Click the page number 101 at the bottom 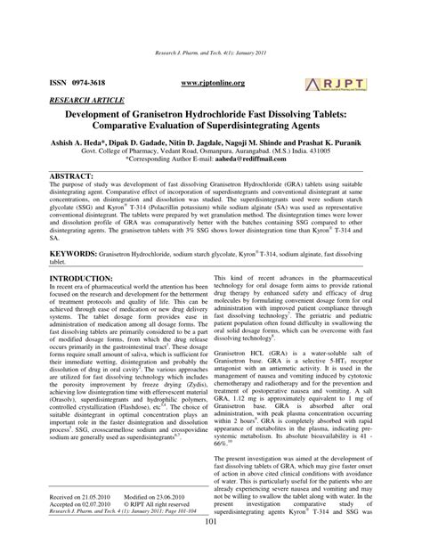211,534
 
